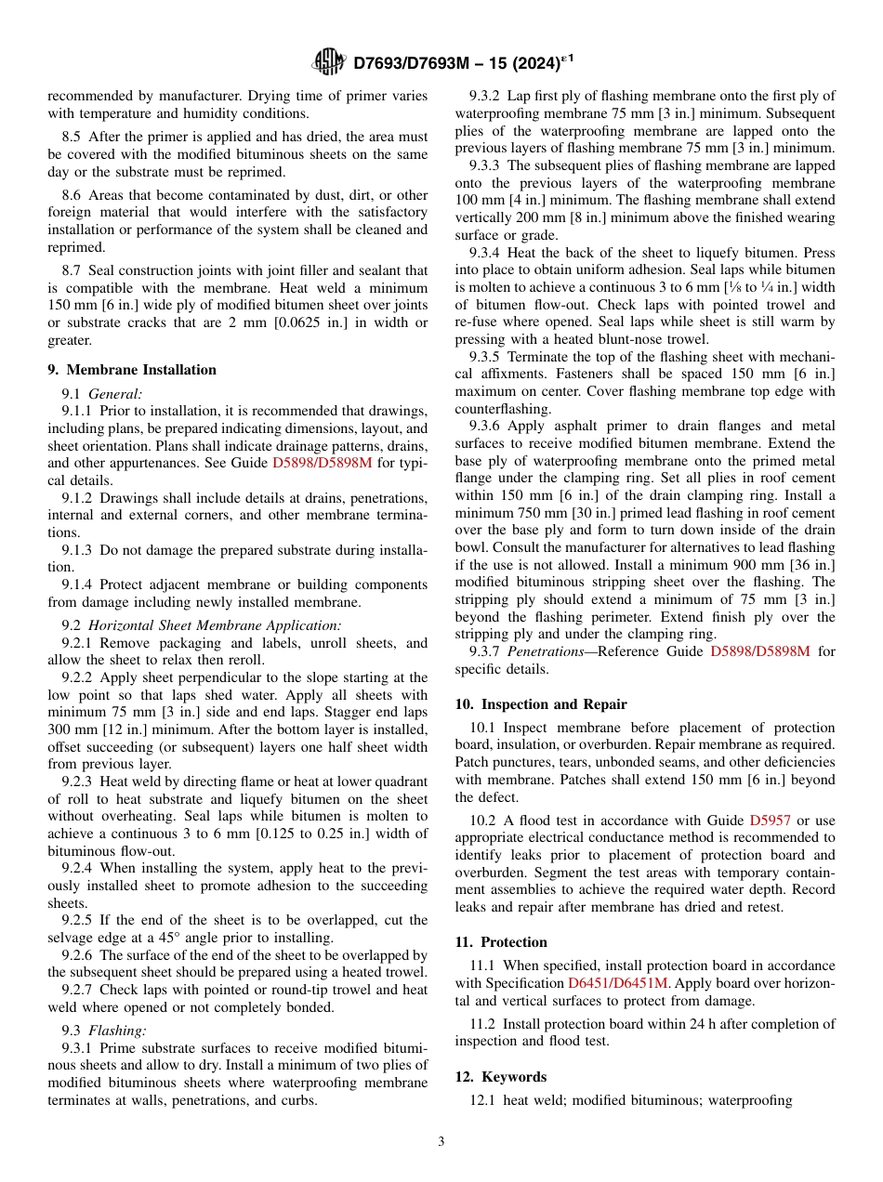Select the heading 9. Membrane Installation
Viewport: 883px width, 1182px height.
(x=131, y=369)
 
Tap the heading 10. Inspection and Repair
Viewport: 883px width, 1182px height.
(x=541, y=703)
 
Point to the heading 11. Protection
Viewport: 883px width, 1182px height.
(x=501, y=941)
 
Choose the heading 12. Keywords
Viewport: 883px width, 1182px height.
(x=500, y=1076)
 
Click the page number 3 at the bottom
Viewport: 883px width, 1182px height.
(x=441, y=1141)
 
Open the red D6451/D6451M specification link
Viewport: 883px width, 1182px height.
(x=617, y=982)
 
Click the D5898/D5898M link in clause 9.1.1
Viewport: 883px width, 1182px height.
(x=322, y=463)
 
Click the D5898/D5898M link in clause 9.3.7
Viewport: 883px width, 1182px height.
(x=759, y=651)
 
